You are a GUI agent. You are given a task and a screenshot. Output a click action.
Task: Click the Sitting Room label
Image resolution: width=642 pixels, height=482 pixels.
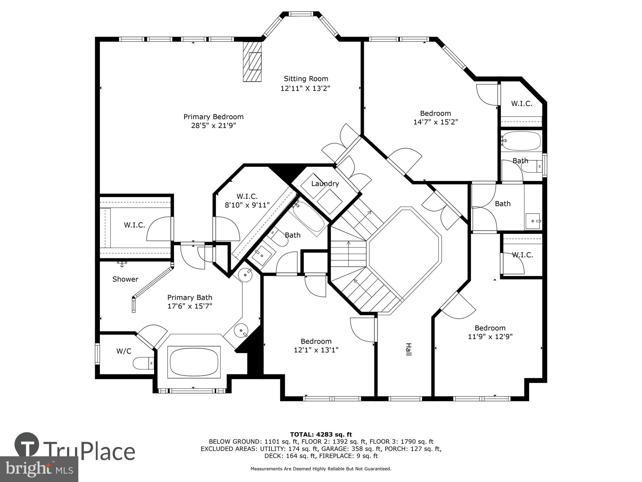click(306, 79)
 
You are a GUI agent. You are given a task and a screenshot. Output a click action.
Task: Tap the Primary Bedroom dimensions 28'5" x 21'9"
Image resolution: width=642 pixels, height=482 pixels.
click(213, 126)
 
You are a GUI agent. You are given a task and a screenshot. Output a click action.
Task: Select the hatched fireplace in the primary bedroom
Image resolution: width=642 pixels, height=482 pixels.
click(252, 62)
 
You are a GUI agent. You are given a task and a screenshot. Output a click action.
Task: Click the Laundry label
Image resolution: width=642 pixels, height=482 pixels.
click(325, 183)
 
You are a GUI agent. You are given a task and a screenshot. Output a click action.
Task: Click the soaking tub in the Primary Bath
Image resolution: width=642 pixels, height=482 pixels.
click(194, 362)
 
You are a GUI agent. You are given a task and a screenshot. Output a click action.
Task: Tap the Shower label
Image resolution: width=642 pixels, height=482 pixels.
click(125, 279)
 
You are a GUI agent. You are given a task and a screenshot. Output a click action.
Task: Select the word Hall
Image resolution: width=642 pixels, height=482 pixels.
click(408, 349)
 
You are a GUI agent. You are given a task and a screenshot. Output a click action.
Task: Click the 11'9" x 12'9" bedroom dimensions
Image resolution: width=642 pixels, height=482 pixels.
click(490, 337)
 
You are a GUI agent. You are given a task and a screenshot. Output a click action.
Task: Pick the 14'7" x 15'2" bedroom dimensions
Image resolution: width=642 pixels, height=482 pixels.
click(435, 122)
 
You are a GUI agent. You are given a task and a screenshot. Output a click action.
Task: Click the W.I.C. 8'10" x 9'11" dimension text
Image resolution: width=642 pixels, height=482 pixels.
click(247, 205)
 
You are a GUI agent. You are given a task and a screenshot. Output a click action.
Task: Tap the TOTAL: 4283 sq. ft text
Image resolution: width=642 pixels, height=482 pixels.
click(321, 434)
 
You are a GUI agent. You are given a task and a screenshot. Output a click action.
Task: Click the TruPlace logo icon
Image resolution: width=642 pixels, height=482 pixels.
click(27, 445)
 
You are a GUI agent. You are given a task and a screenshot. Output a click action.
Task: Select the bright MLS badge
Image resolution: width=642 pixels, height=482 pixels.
click(39, 469)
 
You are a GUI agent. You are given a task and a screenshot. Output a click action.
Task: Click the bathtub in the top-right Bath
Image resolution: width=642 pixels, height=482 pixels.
click(521, 141)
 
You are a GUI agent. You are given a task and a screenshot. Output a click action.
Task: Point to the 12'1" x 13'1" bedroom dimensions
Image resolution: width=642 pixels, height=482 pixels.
click(316, 350)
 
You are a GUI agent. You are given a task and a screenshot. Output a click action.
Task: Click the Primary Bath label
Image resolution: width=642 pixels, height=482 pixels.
click(189, 298)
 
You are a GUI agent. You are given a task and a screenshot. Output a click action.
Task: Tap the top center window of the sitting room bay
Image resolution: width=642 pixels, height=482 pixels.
click(300, 14)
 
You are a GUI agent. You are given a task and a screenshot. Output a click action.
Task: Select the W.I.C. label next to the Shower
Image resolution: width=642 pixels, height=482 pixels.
click(134, 225)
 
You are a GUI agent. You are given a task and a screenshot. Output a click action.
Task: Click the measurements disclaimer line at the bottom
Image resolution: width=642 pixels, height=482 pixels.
click(321, 469)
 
